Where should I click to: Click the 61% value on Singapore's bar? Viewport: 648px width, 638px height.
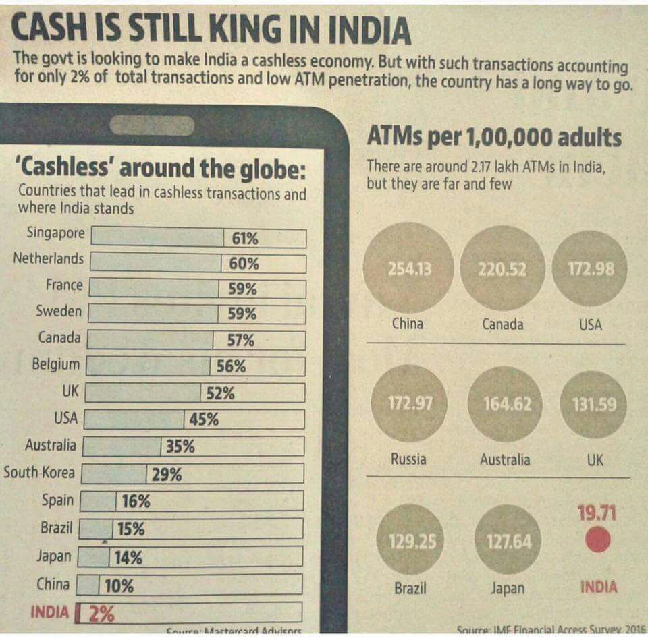[245, 239]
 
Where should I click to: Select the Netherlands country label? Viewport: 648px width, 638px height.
[49, 259]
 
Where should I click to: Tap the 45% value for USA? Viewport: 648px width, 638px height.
[203, 419]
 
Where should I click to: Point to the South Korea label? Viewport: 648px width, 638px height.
[39, 473]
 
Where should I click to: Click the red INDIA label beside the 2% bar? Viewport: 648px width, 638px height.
[50, 612]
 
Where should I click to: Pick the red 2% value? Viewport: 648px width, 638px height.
[102, 614]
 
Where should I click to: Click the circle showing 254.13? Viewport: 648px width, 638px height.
[409, 269]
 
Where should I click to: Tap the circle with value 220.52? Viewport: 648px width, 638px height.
[502, 269]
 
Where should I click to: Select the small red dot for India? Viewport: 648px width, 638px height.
[597, 540]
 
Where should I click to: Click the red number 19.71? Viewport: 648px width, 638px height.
[597, 514]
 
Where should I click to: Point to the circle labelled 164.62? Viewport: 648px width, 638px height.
[507, 404]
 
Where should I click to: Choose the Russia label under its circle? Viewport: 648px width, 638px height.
[408, 459]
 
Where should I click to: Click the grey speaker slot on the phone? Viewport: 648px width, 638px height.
[153, 125]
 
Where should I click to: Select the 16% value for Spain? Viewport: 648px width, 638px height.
[136, 502]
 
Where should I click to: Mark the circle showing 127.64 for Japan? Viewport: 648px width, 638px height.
[508, 542]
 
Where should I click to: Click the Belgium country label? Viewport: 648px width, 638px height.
[55, 365]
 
